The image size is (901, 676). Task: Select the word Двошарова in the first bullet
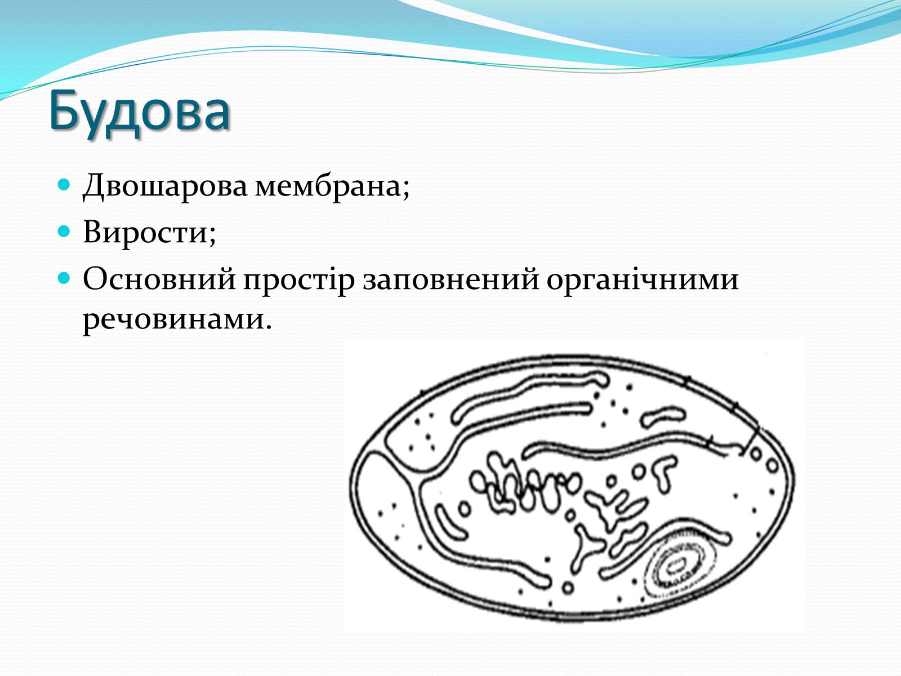[x=165, y=186]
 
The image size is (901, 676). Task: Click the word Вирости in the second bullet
[x=146, y=232]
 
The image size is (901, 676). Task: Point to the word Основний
[x=159, y=279]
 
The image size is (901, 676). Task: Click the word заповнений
[x=450, y=279]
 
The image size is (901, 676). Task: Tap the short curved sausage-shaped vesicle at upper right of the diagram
[x=662, y=416]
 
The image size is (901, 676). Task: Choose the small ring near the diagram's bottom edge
[x=568, y=588]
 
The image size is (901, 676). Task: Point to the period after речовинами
[x=269, y=327]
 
